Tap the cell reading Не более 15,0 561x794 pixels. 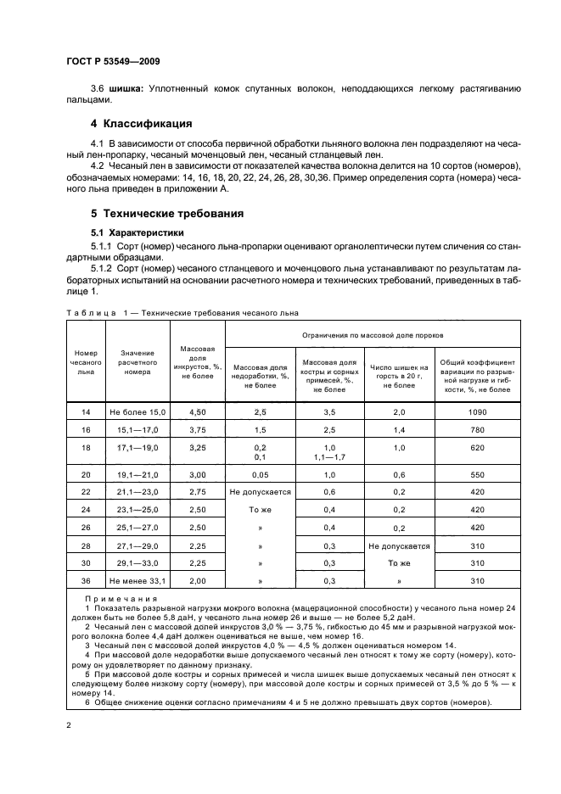137,411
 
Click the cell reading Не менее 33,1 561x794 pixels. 137,582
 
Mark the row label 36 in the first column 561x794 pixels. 86,582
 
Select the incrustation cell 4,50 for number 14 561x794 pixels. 197,411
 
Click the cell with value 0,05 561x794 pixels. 260,476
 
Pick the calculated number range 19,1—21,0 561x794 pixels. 137,476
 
